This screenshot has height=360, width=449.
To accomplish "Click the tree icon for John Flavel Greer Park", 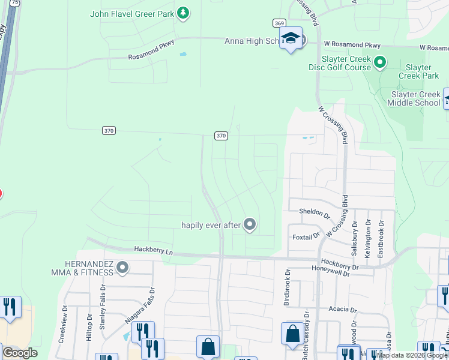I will (184, 13).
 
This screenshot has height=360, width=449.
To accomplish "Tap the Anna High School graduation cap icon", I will (291, 38).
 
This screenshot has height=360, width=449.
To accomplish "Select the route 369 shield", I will (279, 23).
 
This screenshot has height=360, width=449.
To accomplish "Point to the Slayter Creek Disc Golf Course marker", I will (379, 61).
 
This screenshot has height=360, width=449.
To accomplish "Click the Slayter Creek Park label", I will (422, 72).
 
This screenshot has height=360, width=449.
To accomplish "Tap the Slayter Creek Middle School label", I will (415, 99).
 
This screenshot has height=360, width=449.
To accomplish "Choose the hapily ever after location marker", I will (250, 225).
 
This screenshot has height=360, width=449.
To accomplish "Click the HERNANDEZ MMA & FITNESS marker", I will (122, 267).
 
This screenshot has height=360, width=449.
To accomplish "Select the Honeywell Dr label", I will (338, 271).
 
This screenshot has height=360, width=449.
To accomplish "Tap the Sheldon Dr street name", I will (315, 213).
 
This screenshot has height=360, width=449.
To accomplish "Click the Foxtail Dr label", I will (306, 237).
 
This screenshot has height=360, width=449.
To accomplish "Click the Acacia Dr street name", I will (343, 310).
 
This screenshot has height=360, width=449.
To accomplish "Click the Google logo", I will (20, 353).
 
